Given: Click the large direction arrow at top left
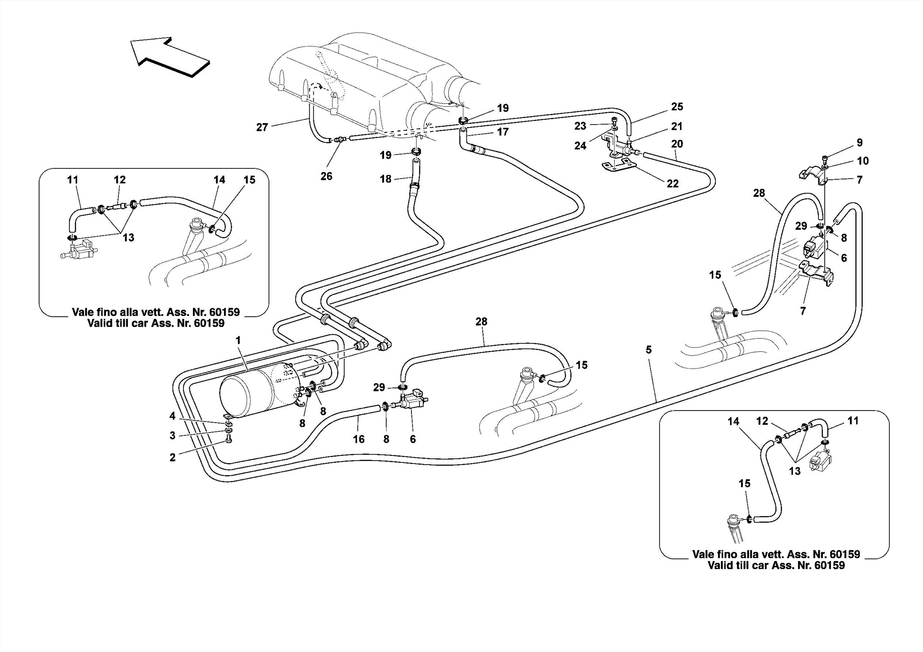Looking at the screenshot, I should coord(170,56).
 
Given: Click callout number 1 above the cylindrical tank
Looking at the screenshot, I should coord(238,341).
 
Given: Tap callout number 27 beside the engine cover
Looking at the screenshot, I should coord(262,128).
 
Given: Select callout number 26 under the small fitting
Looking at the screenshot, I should coord(326,176).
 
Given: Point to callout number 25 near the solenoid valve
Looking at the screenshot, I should coord(677,107).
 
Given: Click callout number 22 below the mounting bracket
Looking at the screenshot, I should coord(672,184).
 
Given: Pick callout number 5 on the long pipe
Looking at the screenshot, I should coord(649,350).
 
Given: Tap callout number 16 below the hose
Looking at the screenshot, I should coord(358,439).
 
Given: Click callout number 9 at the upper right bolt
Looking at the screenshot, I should coord(859,143).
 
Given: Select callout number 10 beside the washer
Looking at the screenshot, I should coord(863,161).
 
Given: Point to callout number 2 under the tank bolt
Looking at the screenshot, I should coord(173,457).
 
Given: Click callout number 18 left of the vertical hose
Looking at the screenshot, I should coord(385,179).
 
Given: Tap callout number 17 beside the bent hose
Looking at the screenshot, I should coord(503,132).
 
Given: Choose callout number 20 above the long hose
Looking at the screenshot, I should coord(677,144).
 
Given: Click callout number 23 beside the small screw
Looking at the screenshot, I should coord(580,127).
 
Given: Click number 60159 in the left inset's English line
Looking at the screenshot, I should coord(209,323).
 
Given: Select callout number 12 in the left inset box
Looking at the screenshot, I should coord(119,180).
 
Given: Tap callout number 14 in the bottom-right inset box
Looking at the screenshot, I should coord(733,421).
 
